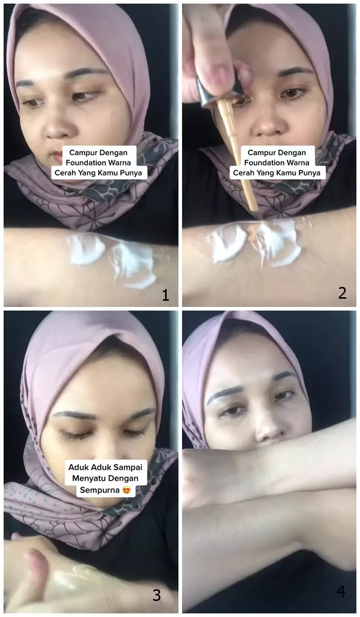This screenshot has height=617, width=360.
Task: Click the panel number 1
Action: [165, 295]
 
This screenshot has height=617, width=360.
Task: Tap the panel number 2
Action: [343, 293]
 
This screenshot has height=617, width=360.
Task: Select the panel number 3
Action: [157, 595]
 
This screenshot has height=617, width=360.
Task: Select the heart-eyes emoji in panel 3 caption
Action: [125, 490]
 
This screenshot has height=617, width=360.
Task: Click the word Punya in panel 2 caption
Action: [308, 173]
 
